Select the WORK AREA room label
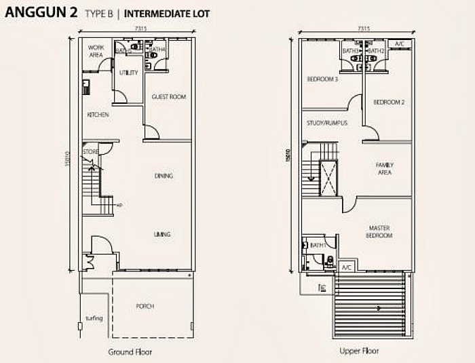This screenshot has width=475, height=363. [x=96, y=51]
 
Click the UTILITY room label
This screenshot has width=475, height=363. [x=128, y=73]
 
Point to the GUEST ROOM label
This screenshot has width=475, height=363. [x=168, y=97]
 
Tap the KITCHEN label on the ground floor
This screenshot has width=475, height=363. [x=98, y=115]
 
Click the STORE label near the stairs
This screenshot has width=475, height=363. [x=90, y=151]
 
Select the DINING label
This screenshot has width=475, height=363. [x=163, y=176]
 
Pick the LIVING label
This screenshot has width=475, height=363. [x=161, y=234]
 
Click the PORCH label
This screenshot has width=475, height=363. [x=145, y=306]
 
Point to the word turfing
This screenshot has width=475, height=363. [x=94, y=317]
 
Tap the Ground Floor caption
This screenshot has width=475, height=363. [x=130, y=351]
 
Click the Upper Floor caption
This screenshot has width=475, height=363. [x=359, y=351]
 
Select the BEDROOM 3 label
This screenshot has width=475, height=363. [x=322, y=79]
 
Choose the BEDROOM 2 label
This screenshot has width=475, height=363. [x=389, y=102]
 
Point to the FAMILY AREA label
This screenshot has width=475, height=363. [x=385, y=168]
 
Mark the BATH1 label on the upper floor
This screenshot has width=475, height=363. [x=317, y=245]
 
